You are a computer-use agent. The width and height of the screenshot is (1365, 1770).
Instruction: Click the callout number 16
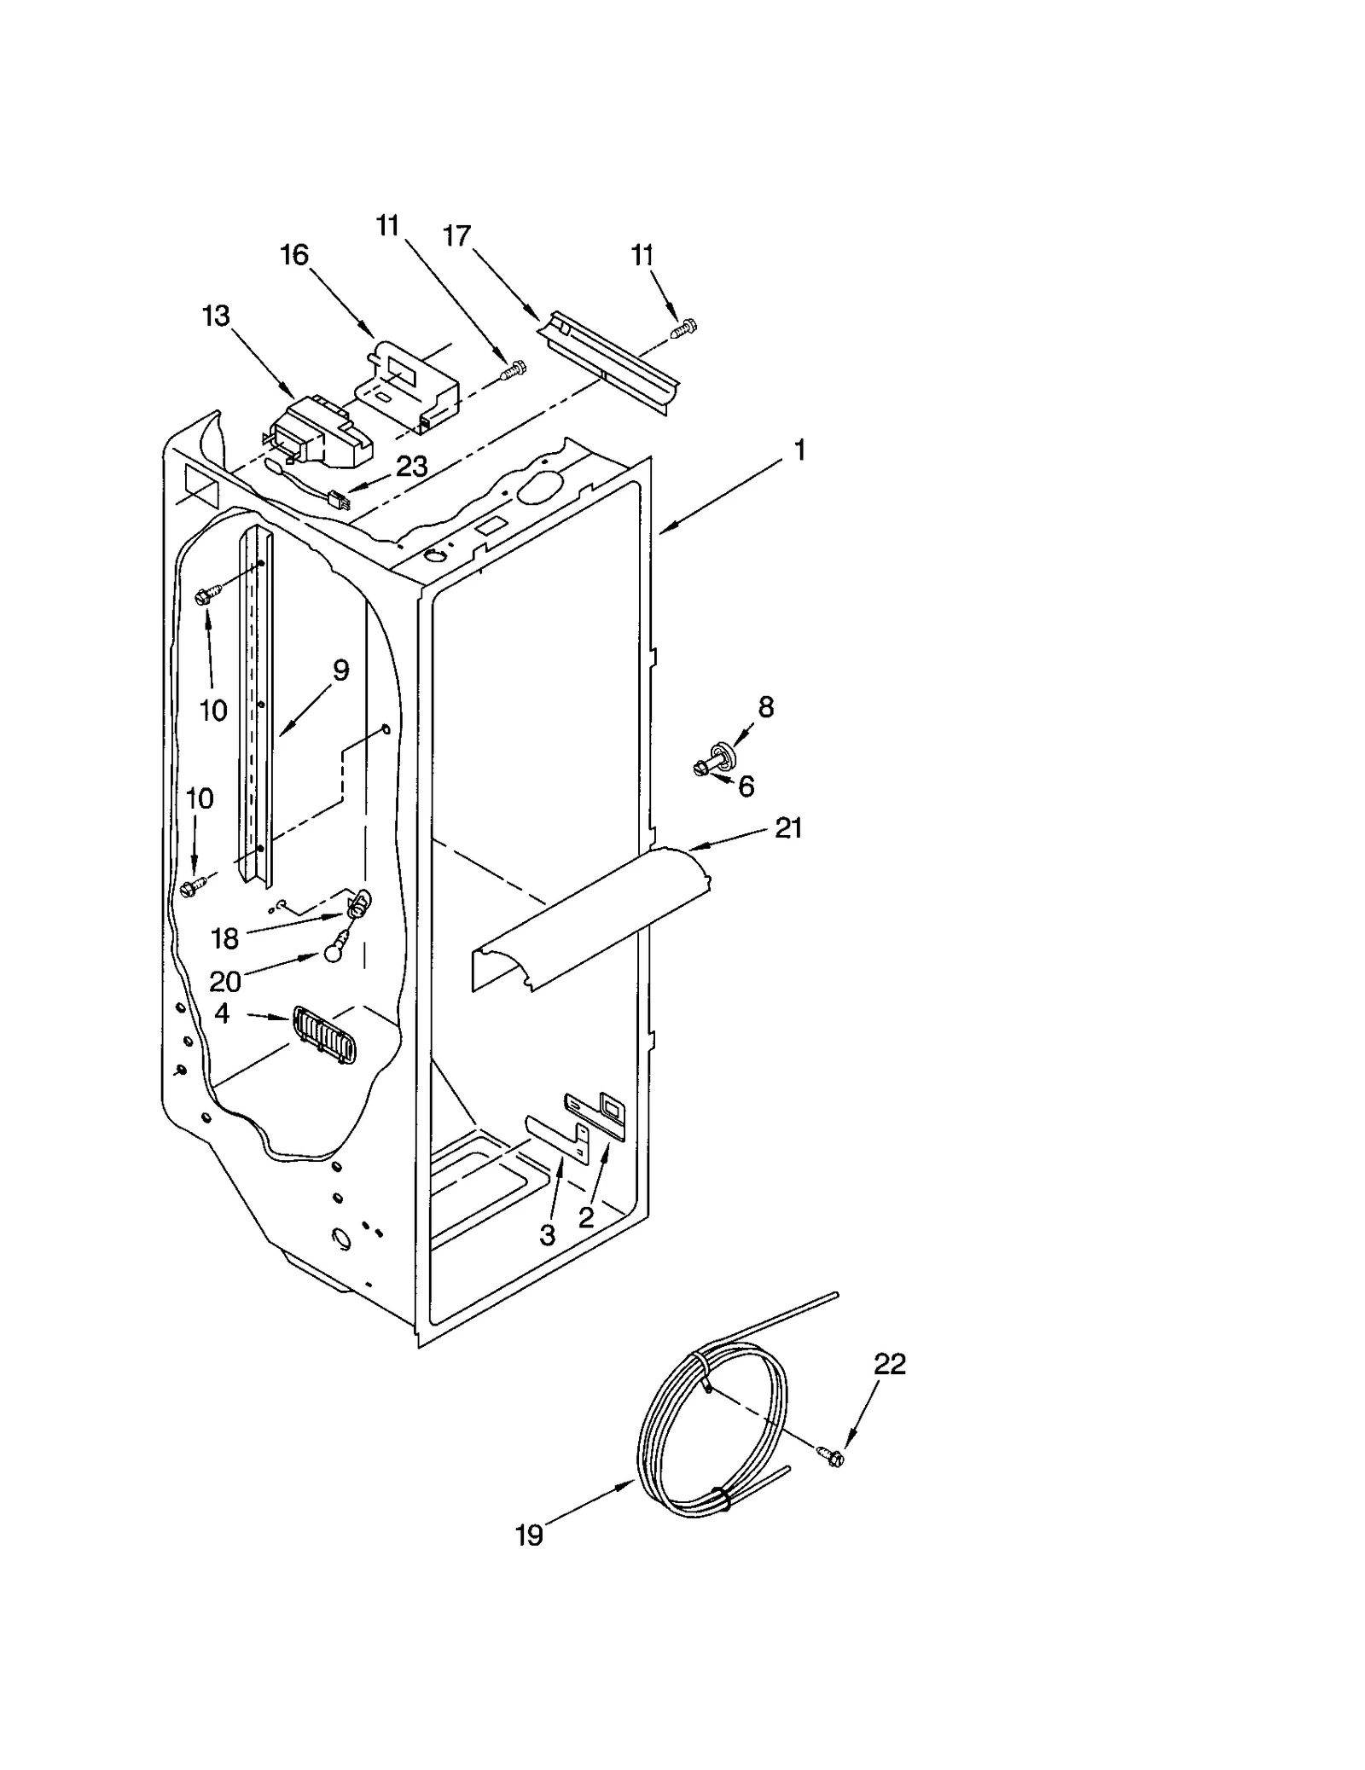294,255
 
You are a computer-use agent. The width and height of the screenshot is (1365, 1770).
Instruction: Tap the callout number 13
216,316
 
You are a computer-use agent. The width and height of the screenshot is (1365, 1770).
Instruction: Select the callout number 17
457,235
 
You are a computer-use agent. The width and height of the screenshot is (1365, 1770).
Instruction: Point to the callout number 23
411,467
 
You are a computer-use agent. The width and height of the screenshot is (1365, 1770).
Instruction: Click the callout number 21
788,827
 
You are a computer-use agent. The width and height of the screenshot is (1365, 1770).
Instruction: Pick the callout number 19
529,1535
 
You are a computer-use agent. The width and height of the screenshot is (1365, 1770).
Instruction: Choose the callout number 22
889,1365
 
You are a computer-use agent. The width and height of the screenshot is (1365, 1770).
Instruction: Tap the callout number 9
340,670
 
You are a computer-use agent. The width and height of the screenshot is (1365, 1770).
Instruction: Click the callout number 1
799,450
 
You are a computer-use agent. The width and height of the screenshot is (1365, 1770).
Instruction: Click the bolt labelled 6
703,768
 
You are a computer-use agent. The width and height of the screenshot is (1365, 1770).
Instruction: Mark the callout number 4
222,1013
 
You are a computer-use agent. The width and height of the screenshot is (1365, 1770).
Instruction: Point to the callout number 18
224,938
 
